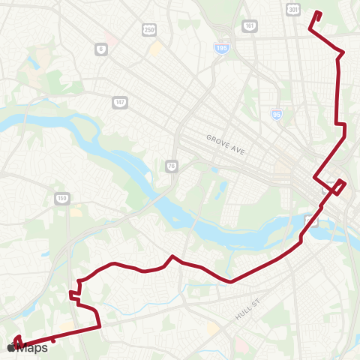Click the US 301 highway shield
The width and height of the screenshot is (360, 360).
pos(292,8)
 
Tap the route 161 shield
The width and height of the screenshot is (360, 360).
pos(250,25)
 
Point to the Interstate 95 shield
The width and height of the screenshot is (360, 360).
pos(277,114)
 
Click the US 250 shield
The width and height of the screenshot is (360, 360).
pos(149,28)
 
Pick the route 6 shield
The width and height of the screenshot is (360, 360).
pos(100,49)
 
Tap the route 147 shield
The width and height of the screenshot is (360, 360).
pos(119,101)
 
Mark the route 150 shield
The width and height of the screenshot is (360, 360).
pos(62,199)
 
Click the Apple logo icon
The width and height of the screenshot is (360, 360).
pos(11,347)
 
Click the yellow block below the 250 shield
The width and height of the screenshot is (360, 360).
pos(156,49)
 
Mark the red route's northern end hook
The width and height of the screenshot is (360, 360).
pos(316,16)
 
